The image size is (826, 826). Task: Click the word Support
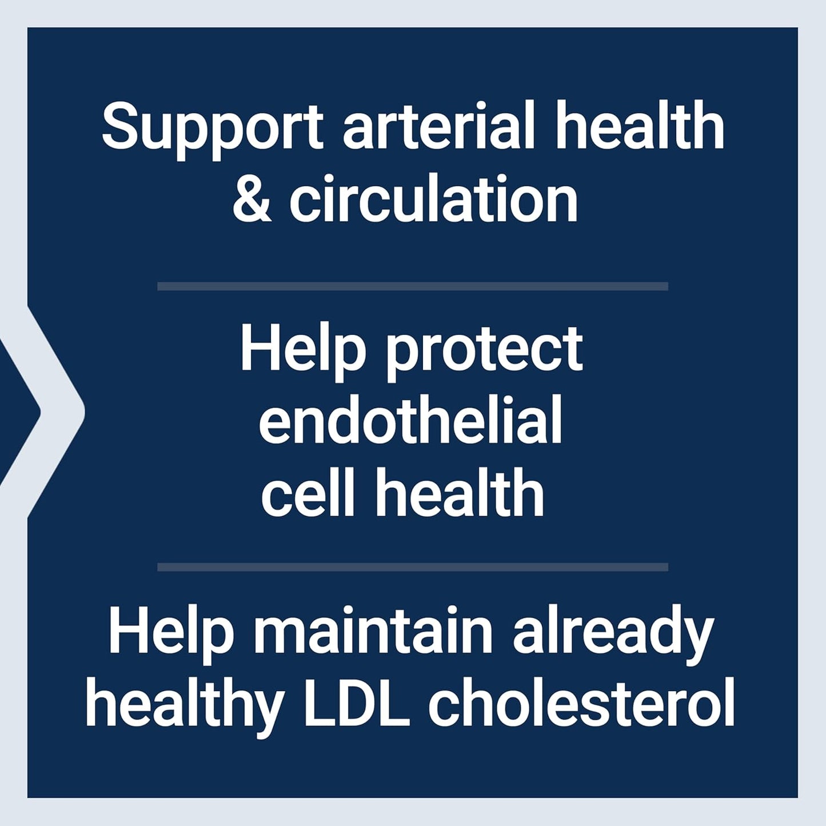[213, 127]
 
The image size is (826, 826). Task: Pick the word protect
[484, 352]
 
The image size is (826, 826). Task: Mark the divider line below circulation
[412, 286]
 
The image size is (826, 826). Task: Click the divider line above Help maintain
[412, 566]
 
